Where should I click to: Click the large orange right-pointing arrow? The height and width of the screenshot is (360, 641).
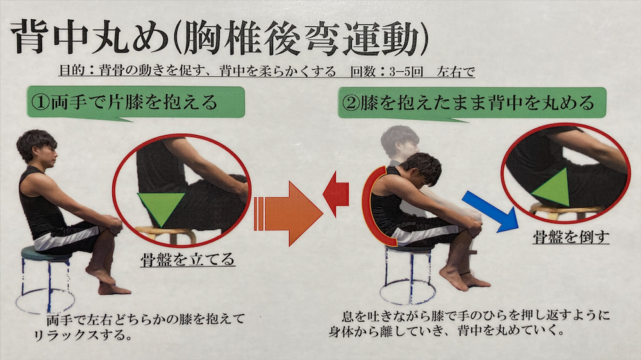pos(288,213)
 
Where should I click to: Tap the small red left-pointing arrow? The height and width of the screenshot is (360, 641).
pos(336,194)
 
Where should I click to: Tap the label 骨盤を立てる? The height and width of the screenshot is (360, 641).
pos(188,259)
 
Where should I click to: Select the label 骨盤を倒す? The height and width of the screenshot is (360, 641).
pos(571,236)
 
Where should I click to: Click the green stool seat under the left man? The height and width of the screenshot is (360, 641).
pos(46,252)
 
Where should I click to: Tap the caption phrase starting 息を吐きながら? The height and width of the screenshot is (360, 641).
pos(469,322)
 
